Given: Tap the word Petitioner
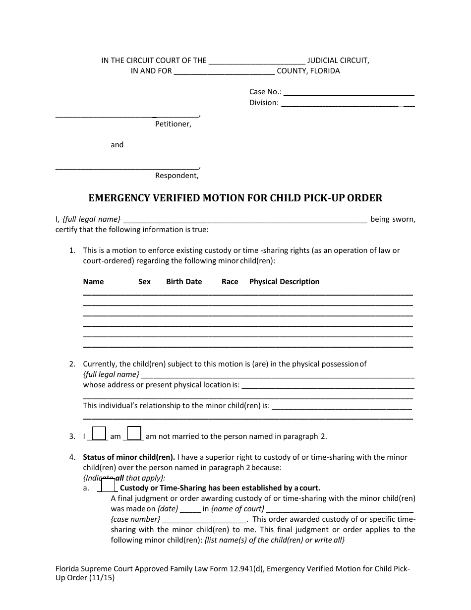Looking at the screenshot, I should [x=173, y=124].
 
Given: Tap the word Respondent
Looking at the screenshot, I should [x=177, y=176].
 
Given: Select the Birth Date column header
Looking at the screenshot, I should [x=184, y=282].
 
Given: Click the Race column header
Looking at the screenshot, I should [x=230, y=282].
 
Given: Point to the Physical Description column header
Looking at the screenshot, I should [x=284, y=282].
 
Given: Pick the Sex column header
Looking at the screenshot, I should [x=144, y=282].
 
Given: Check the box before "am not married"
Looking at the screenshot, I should [x=134, y=433].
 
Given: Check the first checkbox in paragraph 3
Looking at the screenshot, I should [x=100, y=433].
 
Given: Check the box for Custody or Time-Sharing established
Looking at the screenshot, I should [x=108, y=485].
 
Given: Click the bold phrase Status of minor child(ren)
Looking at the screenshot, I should [x=128, y=457].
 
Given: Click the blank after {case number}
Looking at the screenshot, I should [x=204, y=520].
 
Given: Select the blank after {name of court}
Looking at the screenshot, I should [x=340, y=509].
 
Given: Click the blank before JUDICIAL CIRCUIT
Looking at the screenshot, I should [x=257, y=61].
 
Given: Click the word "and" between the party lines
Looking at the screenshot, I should [x=117, y=145].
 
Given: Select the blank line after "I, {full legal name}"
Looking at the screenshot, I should [x=244, y=220].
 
